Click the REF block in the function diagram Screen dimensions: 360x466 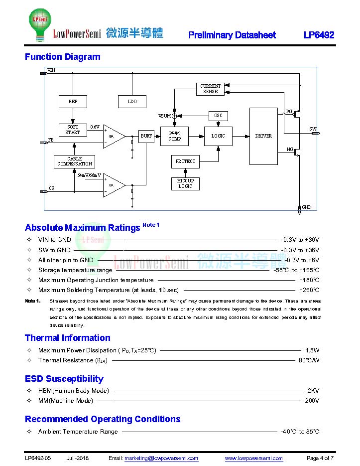click(73, 101)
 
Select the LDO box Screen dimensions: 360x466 click(132, 101)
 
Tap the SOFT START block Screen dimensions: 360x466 click(73, 130)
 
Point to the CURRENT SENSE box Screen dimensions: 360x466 click(210, 89)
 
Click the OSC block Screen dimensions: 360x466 click(218, 116)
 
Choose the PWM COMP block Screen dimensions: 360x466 click(174, 136)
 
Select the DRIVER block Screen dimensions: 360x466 click(263, 136)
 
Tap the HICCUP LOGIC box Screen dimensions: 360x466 click(185, 183)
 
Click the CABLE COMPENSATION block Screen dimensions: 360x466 click(75, 161)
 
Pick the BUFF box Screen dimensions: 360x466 click(146, 136)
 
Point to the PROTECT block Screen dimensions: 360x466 click(185, 161)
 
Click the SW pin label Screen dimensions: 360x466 click(313, 129)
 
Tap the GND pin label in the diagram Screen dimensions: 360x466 click(307, 207)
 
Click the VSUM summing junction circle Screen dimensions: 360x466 click(174, 116)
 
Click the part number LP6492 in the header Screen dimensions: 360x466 click(319, 35)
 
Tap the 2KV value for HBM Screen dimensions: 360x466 click(313, 391)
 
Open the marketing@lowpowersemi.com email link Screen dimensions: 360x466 click(161, 458)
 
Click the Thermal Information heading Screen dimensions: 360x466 click(68, 338)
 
